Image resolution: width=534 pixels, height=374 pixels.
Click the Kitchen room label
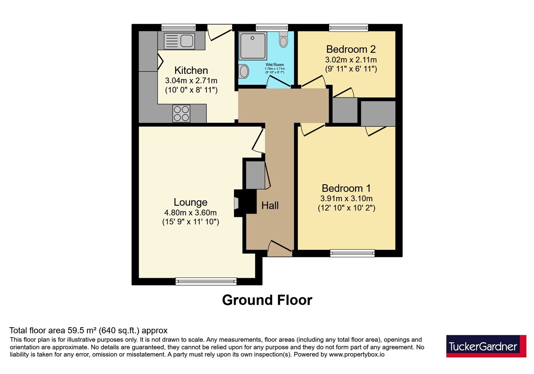(x=191, y=70)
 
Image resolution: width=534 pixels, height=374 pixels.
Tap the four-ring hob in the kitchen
(x=182, y=114)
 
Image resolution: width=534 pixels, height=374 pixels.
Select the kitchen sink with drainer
(x=179, y=41)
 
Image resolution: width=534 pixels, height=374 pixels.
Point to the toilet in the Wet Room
(x=283, y=39)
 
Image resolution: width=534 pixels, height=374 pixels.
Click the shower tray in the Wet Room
(x=253, y=46)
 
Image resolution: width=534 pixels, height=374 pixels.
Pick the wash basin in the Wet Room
(x=244, y=71)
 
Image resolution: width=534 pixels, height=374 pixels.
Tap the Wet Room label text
(x=275, y=65)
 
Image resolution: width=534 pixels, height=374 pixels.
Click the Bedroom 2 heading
(x=351, y=49)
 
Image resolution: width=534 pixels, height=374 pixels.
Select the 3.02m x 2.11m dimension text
(x=351, y=60)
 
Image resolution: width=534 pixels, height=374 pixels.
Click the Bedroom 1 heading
(x=346, y=188)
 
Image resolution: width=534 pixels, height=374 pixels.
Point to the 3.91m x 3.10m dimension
(x=346, y=198)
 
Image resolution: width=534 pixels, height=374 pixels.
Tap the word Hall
(x=270, y=205)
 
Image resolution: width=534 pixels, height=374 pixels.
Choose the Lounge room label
(x=191, y=202)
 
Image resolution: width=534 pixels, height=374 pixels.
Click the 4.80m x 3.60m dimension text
(x=191, y=212)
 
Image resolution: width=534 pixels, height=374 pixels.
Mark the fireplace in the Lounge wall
(x=245, y=203)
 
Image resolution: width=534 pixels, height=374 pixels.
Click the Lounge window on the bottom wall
(x=206, y=282)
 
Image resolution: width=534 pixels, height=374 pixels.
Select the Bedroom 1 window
(x=352, y=253)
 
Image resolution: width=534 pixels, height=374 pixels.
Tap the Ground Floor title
(x=267, y=300)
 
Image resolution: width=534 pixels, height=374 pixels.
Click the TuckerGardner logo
(x=486, y=346)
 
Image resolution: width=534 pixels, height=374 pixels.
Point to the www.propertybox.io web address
(x=357, y=354)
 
